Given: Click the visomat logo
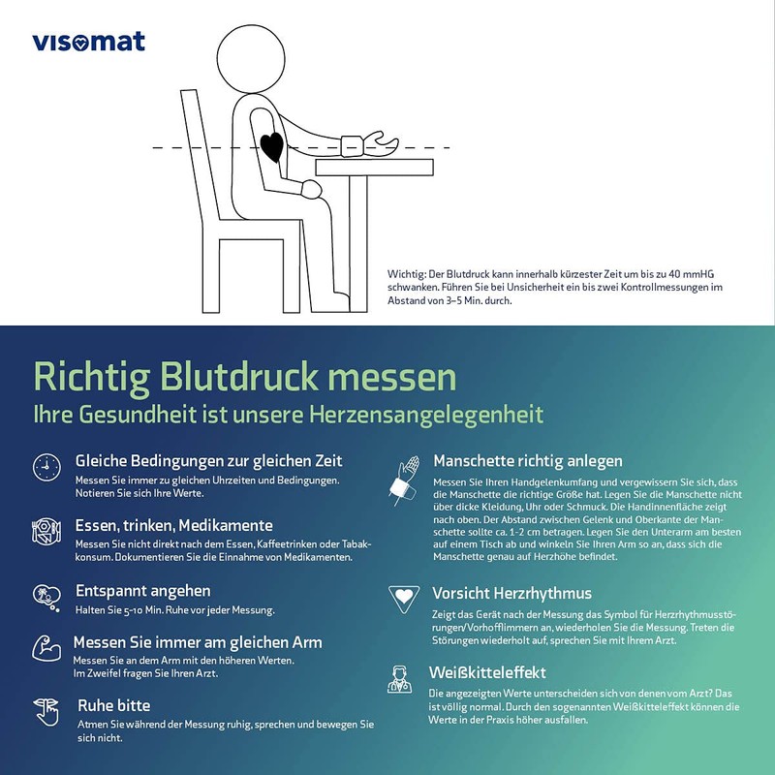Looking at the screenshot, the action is (x=88, y=41).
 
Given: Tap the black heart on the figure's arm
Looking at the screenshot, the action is (x=273, y=146).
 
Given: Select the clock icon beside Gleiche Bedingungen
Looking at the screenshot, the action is (x=46, y=467).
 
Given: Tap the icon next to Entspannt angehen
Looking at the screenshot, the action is (x=46, y=596).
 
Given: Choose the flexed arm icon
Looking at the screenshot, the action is (x=46, y=648).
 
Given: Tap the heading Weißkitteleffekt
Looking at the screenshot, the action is (x=489, y=672).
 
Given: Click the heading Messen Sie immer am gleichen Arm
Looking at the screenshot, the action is (x=199, y=642).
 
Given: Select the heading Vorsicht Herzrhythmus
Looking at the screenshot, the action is (x=511, y=592).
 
